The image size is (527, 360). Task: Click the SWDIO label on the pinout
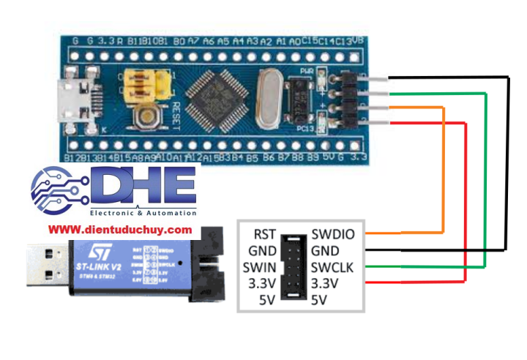333,235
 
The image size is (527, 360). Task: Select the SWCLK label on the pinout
333,268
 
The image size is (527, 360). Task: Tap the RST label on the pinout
264,235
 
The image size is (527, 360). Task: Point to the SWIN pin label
260,268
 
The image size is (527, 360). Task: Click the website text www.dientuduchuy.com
120,230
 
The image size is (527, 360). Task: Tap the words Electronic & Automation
143,213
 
